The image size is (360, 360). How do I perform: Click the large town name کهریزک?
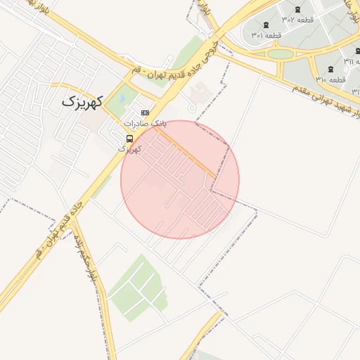click(82, 101)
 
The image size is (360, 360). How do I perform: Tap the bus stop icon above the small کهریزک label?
click(129, 139)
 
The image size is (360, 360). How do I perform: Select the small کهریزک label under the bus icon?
click(129, 149)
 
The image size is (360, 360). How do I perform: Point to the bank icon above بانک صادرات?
click(145, 112)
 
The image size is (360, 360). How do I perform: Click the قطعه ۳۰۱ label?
click(266, 35)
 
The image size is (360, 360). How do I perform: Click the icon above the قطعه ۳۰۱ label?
click(265, 25)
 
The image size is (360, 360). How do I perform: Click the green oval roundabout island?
click(280, 54)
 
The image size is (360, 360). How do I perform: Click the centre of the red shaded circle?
click(180, 179)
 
